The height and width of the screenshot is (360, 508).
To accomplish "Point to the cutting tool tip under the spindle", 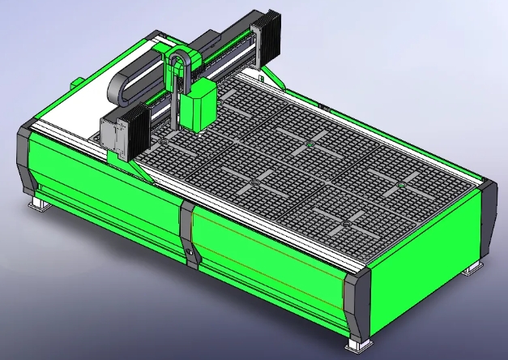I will click(x=197, y=136).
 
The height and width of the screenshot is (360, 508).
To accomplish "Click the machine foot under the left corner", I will click(x=38, y=204).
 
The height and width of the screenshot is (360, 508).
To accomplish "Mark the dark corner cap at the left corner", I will click(x=24, y=158).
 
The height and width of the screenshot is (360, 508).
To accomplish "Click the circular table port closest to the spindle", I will click(x=162, y=143).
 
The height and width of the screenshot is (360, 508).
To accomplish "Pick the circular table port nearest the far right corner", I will click(x=401, y=187).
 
